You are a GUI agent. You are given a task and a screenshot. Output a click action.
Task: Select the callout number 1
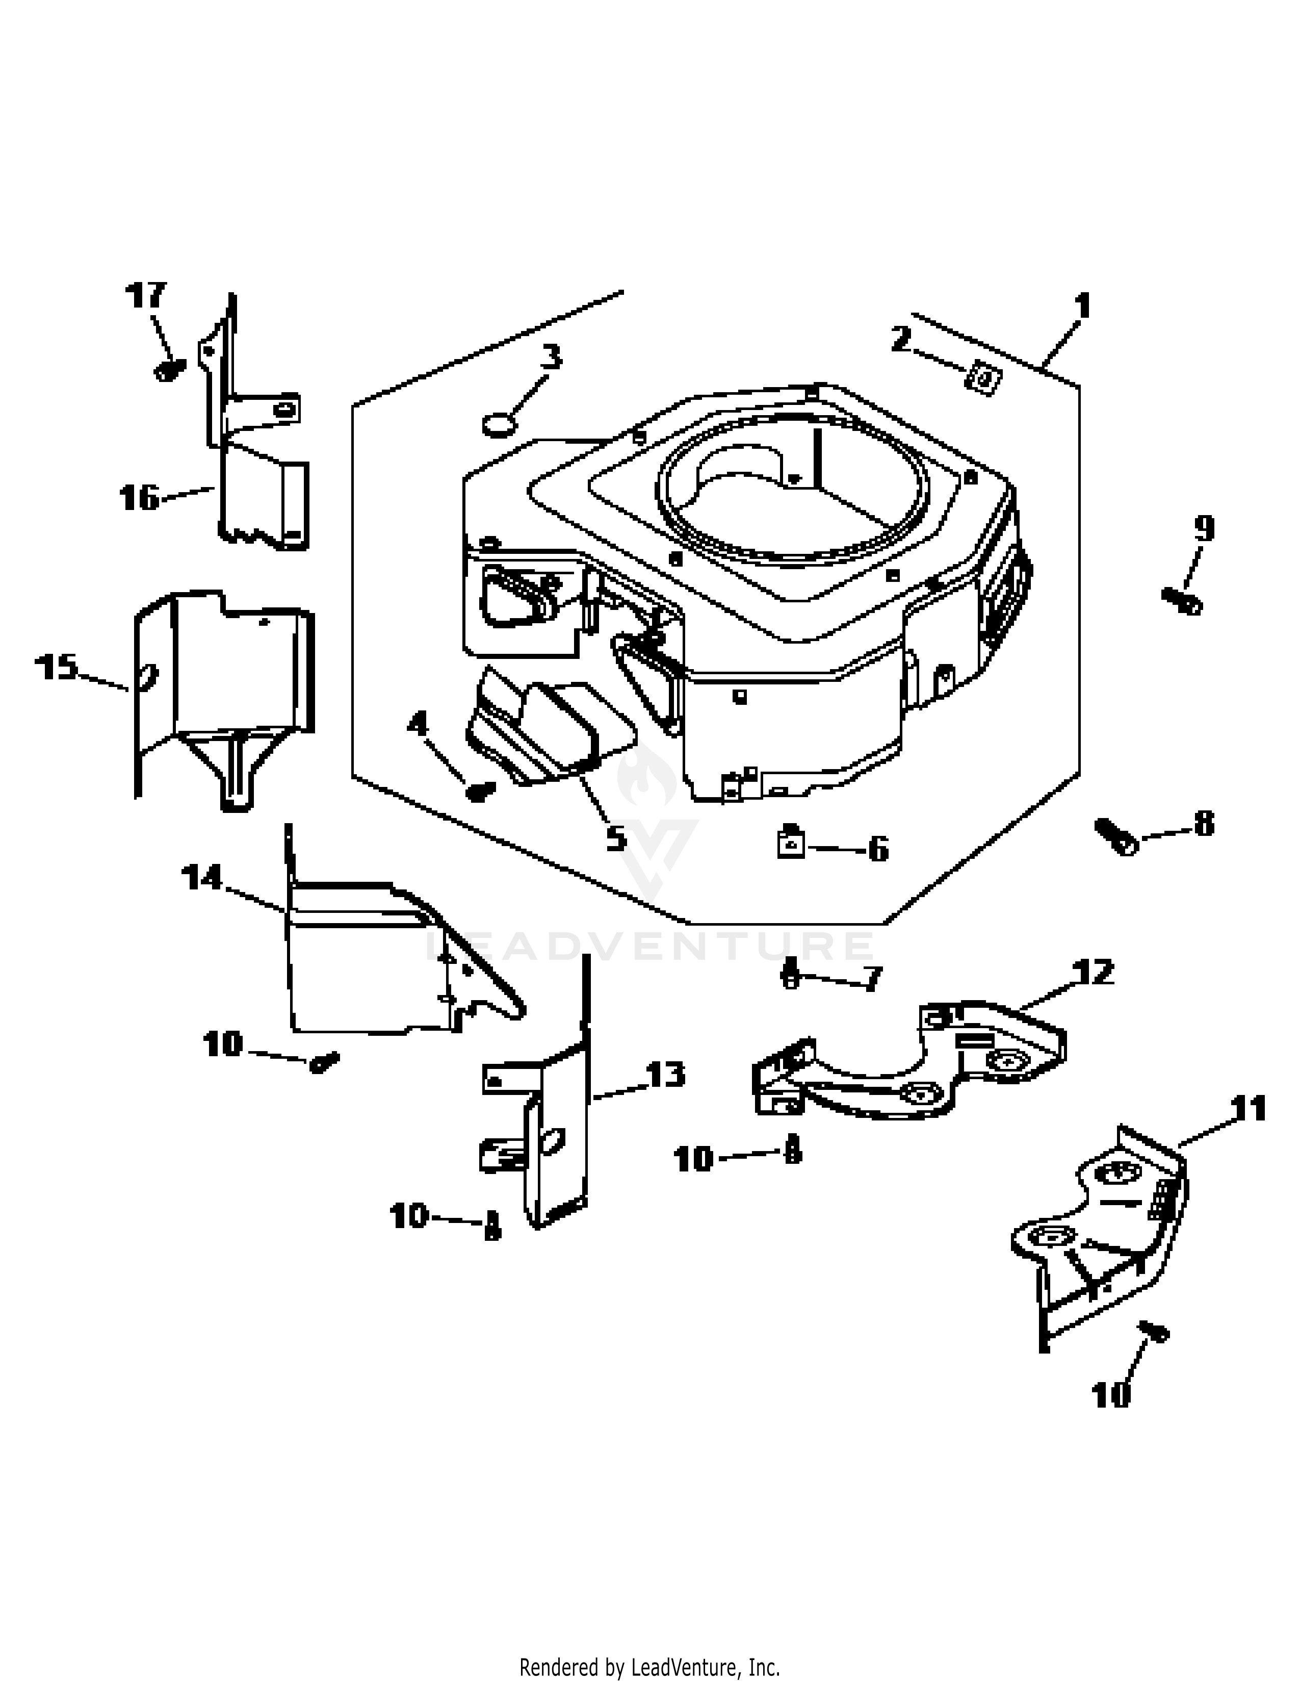click(x=1082, y=307)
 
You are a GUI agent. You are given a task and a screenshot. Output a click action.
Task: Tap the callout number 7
click(x=871, y=979)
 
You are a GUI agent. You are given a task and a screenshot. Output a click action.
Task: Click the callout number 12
click(x=1091, y=973)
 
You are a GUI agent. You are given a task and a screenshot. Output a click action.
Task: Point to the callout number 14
click(x=202, y=878)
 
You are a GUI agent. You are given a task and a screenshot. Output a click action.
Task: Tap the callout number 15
click(x=57, y=668)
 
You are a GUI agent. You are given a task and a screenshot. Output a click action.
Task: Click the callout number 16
click(x=139, y=498)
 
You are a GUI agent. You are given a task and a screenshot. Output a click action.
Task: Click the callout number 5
click(x=616, y=837)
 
